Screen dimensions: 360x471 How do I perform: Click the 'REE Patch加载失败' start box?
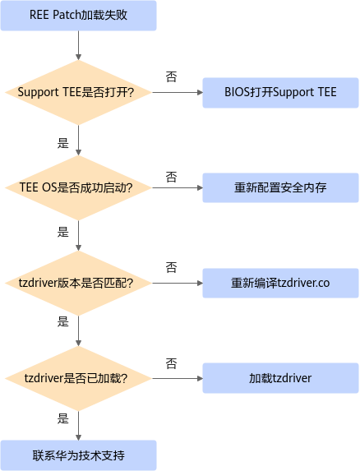(78, 16)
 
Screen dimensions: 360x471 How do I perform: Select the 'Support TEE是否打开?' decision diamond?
(78, 93)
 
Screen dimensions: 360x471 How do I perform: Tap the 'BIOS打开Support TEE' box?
(280, 93)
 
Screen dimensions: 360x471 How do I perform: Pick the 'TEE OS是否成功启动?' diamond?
(78, 187)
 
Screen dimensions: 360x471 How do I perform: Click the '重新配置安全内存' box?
(280, 187)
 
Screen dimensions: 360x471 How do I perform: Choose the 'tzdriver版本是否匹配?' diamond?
(78, 283)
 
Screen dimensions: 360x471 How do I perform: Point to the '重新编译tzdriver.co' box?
(280, 283)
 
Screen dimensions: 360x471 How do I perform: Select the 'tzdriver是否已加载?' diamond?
(78, 378)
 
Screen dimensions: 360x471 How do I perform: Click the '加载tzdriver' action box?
(280, 378)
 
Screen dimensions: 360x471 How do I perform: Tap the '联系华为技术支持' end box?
(78, 455)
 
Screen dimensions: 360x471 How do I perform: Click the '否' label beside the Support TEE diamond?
(171, 76)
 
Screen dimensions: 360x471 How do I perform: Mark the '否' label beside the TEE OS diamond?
(171, 177)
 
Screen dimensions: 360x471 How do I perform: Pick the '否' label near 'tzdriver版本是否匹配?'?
(171, 267)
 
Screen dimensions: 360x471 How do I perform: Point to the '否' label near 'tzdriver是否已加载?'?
(171, 363)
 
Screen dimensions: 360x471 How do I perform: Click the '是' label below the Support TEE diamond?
(63, 143)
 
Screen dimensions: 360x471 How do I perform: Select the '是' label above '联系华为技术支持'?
(63, 418)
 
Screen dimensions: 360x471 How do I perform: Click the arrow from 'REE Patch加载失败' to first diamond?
(78, 45)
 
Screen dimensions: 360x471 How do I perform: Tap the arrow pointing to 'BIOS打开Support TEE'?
(178, 93)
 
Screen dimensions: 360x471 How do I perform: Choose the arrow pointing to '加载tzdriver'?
(178, 378)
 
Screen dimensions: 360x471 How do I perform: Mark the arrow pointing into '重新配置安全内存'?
(178, 187)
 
